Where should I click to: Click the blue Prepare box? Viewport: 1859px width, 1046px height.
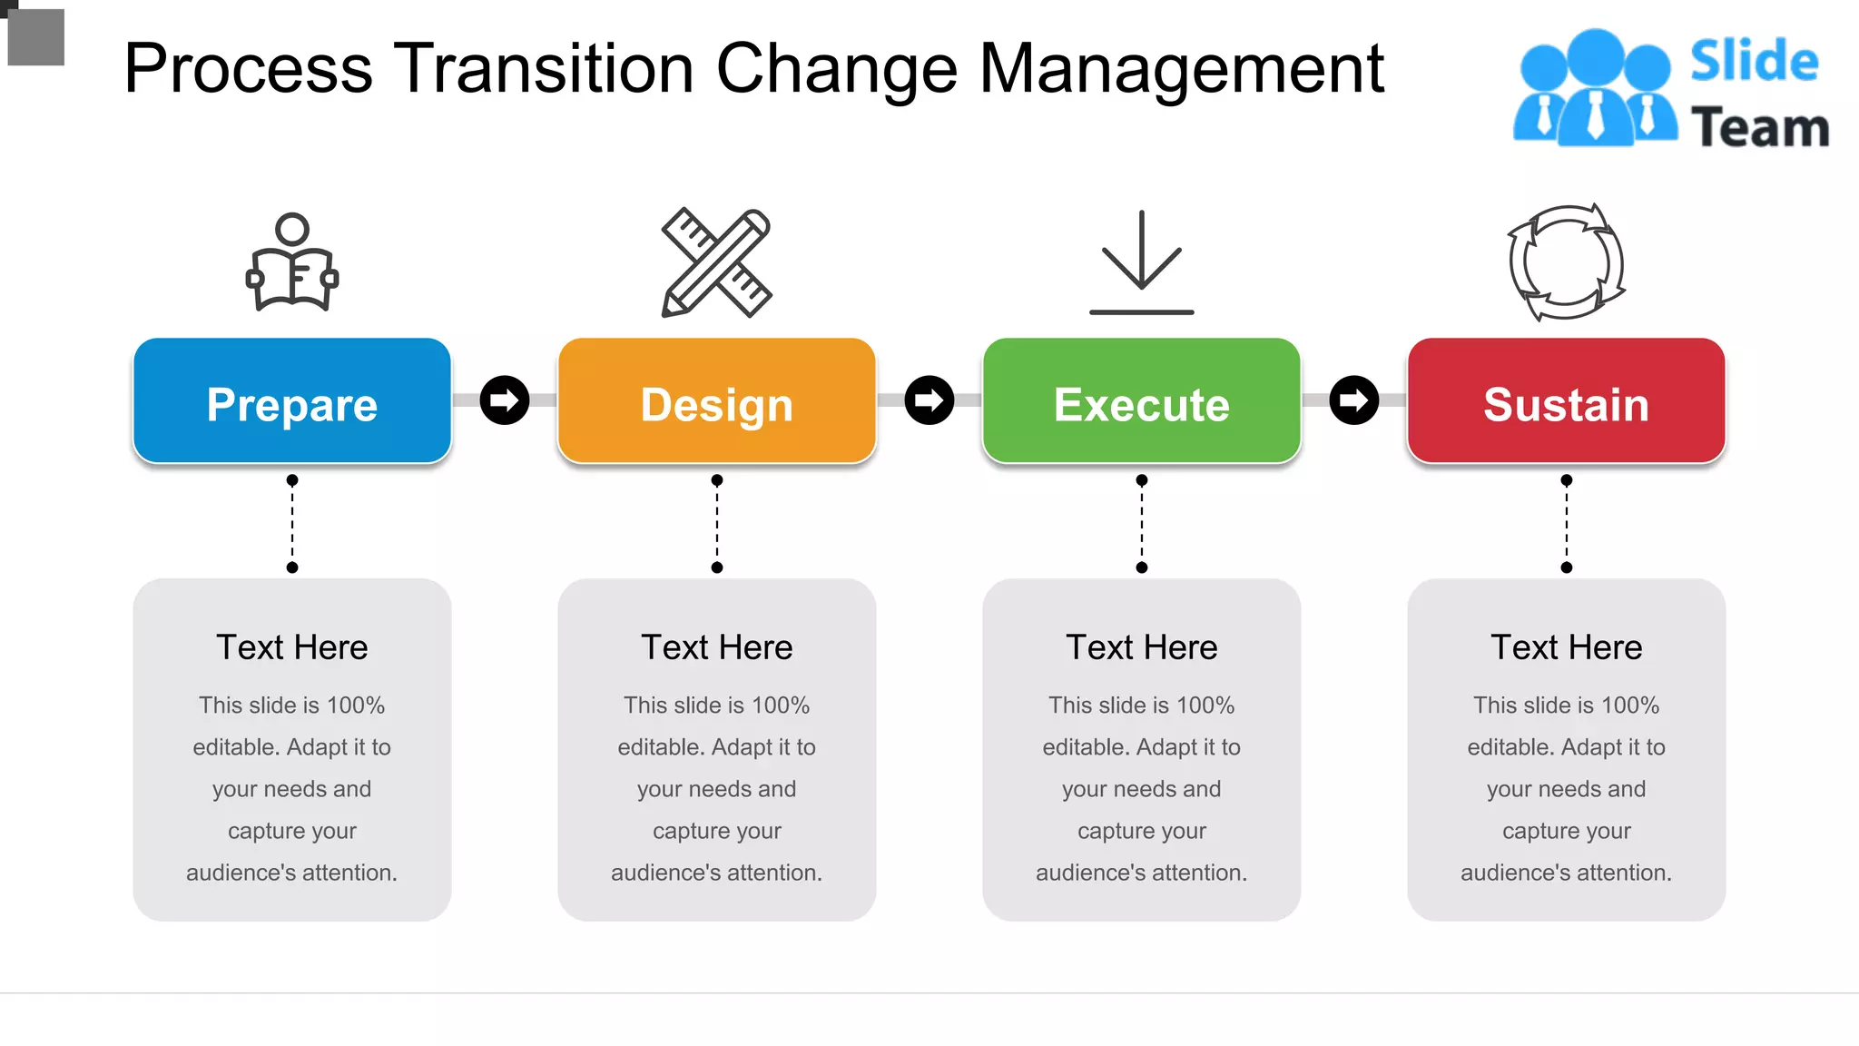coord(291,400)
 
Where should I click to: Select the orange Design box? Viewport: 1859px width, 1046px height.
coord(716,400)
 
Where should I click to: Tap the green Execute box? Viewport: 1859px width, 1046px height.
coord(1141,400)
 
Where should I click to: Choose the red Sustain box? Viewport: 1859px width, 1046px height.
coord(1566,400)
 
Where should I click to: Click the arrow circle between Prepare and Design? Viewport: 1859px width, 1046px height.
coord(505,400)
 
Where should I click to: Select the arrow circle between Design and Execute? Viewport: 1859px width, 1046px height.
coord(929,400)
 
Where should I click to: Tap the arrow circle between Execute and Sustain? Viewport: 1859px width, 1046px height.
coord(1354,400)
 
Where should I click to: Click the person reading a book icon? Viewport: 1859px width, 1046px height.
coord(292,262)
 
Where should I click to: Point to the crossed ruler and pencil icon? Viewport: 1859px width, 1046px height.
coord(716,262)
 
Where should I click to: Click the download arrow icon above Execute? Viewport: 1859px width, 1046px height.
coord(1141,262)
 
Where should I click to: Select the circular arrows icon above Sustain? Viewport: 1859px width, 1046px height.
coord(1566,262)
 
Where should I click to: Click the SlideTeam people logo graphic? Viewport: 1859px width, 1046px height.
coord(1594,89)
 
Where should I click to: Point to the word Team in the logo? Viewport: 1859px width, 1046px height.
coord(1759,128)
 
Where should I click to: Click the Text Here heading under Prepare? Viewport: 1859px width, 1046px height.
coord(291,647)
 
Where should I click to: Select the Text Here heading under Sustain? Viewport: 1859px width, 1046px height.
coord(1566,647)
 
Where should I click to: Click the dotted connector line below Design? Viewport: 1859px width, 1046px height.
coord(717,524)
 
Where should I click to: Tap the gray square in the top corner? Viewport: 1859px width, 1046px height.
coord(36,37)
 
